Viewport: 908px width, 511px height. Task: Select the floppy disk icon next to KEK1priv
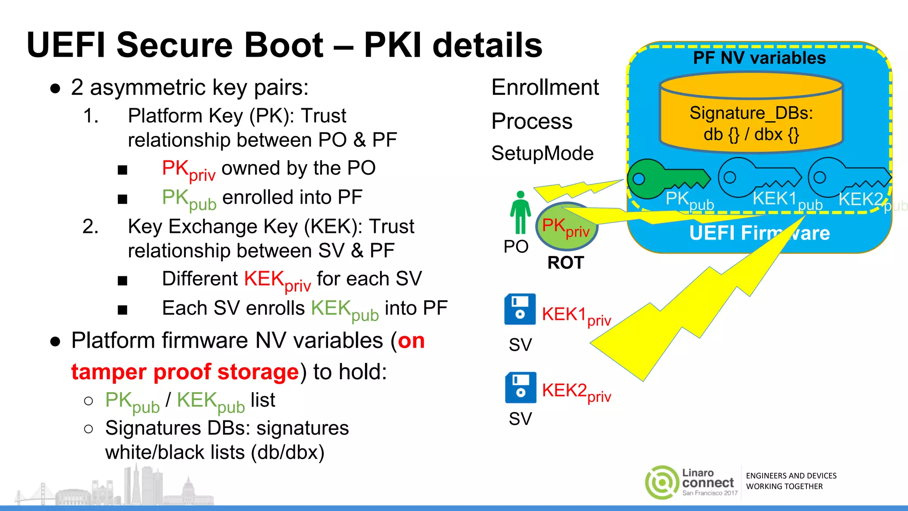[520, 309]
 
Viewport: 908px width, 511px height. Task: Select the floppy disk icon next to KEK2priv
[520, 387]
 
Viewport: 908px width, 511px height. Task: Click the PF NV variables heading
[759, 58]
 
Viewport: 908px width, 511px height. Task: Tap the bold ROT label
[565, 263]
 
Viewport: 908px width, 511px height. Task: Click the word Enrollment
[545, 87]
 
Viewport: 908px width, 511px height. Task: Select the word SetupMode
[542, 153]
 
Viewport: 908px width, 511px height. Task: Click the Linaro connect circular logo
[661, 482]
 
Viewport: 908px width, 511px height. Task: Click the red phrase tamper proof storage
[185, 372]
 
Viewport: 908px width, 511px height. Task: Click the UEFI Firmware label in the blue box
[759, 233]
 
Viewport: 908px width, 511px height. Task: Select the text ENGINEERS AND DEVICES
[791, 476]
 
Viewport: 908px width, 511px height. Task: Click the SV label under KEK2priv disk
[520, 419]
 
